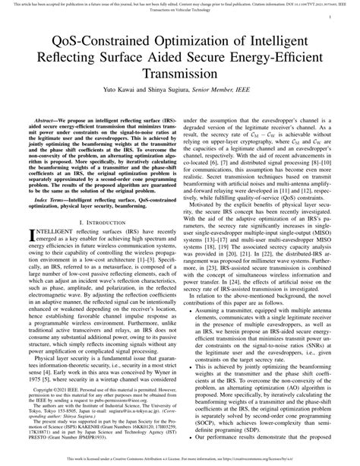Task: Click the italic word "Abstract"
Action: point(42,120)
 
